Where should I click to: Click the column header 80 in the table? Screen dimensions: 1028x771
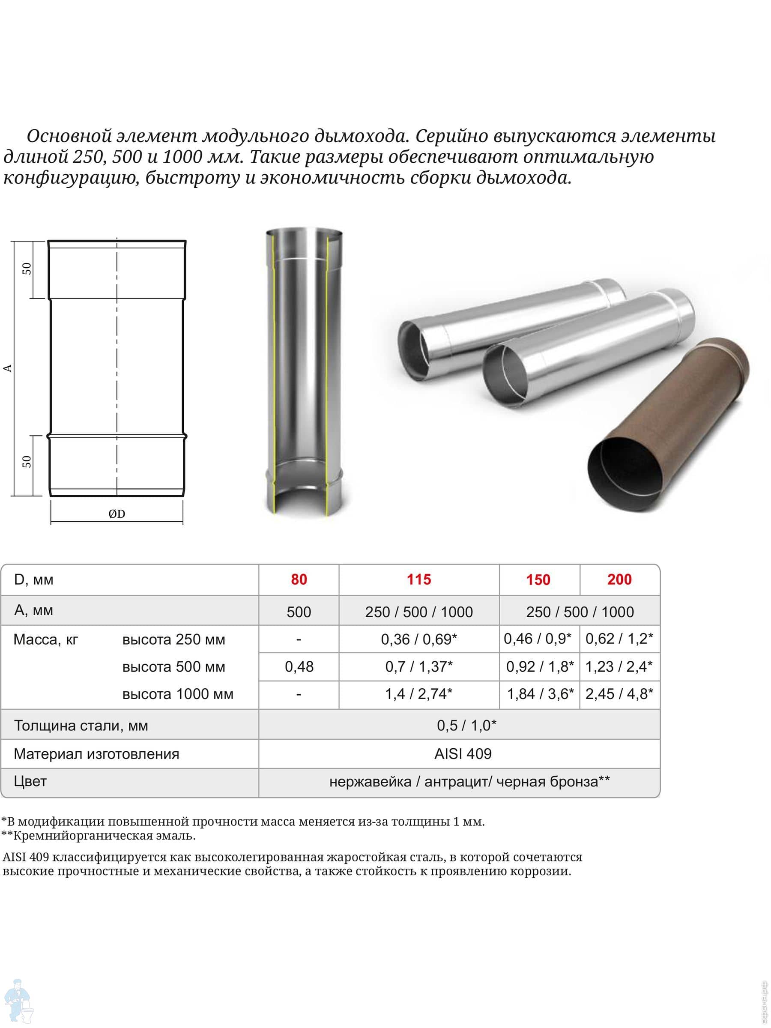[x=299, y=580]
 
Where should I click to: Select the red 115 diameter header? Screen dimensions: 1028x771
[x=419, y=580]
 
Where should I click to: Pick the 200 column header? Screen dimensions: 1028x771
[x=619, y=580]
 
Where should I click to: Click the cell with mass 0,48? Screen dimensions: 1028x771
[x=299, y=667]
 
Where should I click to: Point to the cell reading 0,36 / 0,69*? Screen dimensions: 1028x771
[x=419, y=640]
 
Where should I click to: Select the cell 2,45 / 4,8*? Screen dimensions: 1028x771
[x=619, y=694]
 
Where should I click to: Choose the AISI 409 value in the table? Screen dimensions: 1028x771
[x=463, y=753]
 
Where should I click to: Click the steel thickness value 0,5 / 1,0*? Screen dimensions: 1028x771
[x=466, y=726]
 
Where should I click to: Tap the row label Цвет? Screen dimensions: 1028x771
[x=30, y=781]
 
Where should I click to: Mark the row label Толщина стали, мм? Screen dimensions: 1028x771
[x=81, y=726]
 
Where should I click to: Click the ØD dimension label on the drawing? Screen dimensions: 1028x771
[x=117, y=514]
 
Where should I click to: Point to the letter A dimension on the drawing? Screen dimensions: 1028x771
[x=8, y=368]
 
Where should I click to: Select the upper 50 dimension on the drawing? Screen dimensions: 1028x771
[x=27, y=269]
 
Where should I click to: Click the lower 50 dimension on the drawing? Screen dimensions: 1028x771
[x=27, y=461]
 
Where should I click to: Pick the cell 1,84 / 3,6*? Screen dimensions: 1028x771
[x=540, y=694]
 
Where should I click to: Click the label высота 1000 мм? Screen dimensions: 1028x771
[x=177, y=694]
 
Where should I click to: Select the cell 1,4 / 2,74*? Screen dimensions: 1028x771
[x=419, y=694]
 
